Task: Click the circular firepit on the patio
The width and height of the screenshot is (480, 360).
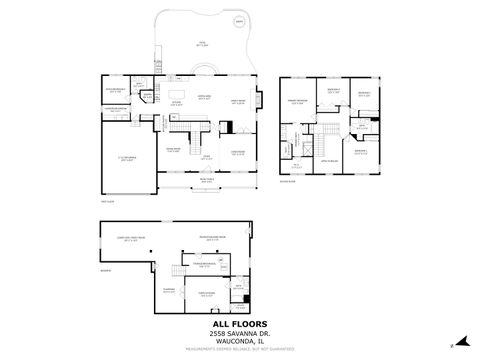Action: (x=238, y=20)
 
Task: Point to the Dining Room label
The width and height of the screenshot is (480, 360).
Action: (x=173, y=150)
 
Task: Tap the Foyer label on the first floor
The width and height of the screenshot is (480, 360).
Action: (x=206, y=157)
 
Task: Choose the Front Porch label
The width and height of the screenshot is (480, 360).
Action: (x=206, y=178)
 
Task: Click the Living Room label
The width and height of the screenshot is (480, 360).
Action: (x=239, y=152)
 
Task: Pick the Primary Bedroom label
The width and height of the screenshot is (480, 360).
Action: (x=298, y=102)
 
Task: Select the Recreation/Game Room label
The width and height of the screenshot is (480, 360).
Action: (x=211, y=238)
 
